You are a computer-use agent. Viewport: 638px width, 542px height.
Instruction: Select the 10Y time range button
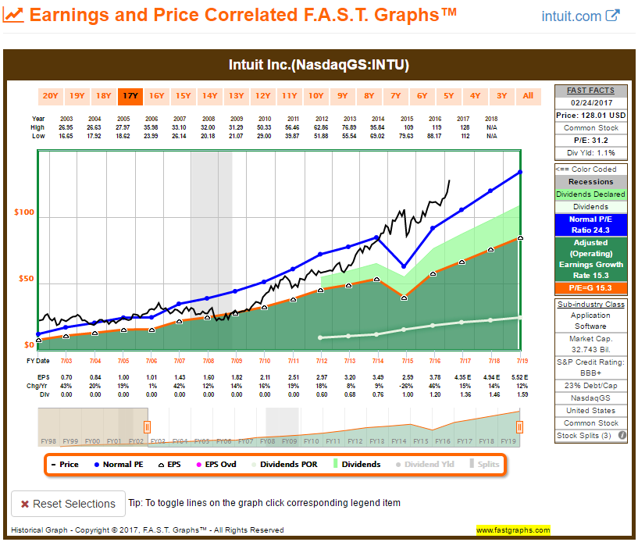(x=315, y=96)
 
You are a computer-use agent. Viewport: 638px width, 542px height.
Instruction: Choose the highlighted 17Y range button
(x=130, y=96)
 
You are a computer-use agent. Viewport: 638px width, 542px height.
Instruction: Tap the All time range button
(x=528, y=96)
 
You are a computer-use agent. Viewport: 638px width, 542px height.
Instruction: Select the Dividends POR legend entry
(x=290, y=464)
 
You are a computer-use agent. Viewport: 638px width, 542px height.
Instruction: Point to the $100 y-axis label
(x=23, y=212)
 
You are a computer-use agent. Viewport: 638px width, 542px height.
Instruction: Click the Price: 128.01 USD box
(x=590, y=116)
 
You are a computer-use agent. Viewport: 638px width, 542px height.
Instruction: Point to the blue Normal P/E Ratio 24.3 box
(x=590, y=226)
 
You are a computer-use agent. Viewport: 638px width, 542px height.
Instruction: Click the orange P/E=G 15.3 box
(x=590, y=289)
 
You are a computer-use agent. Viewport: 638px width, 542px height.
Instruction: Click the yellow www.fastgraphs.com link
(x=513, y=530)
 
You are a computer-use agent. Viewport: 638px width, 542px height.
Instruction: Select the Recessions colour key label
(x=590, y=181)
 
